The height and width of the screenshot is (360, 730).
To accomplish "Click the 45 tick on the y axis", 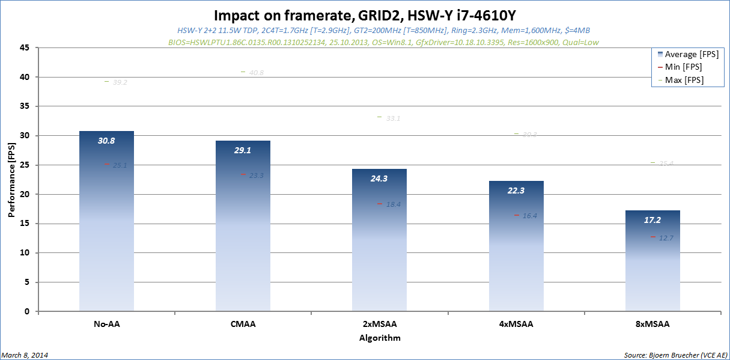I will pyautogui.click(x=25, y=48).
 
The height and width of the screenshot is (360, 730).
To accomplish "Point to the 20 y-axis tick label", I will pyautogui.click(x=25, y=194).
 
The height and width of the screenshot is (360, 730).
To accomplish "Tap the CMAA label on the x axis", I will pyautogui.click(x=243, y=325).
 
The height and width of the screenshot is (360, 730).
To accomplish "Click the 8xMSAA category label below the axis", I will pyautogui.click(x=652, y=325).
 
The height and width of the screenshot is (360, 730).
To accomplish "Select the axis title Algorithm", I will pyautogui.click(x=379, y=338).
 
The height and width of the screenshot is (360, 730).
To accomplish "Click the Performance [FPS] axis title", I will pyautogui.click(x=12, y=180).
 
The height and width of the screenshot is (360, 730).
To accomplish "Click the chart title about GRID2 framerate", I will pyautogui.click(x=365, y=15).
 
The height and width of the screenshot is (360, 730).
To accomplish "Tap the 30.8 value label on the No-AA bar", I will pyautogui.click(x=106, y=141).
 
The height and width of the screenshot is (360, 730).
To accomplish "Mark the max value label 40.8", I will pyautogui.click(x=256, y=73).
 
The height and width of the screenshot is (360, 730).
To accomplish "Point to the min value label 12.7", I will pyautogui.click(x=666, y=238).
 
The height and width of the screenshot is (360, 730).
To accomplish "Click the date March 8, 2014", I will pyautogui.click(x=25, y=355).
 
